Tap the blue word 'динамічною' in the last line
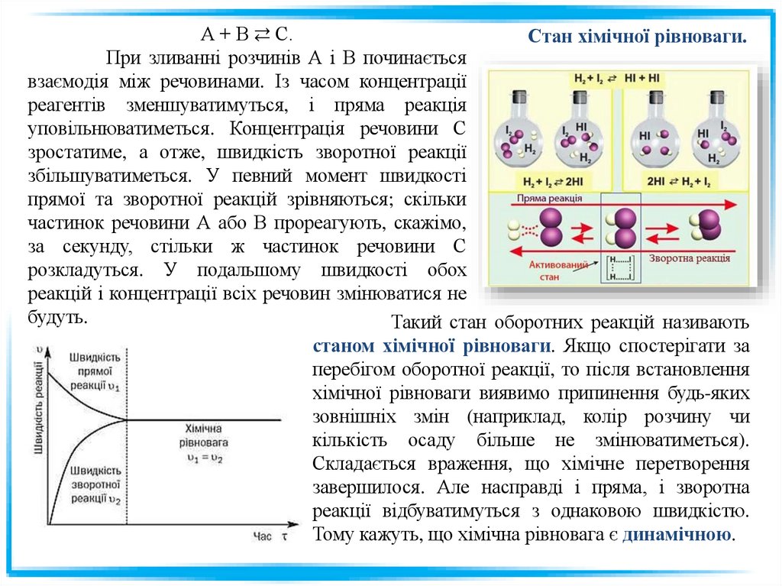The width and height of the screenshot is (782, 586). click(677, 534)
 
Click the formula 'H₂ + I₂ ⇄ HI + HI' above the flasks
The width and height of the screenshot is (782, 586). click(619, 78)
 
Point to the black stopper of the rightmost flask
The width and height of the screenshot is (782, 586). click(716, 98)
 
